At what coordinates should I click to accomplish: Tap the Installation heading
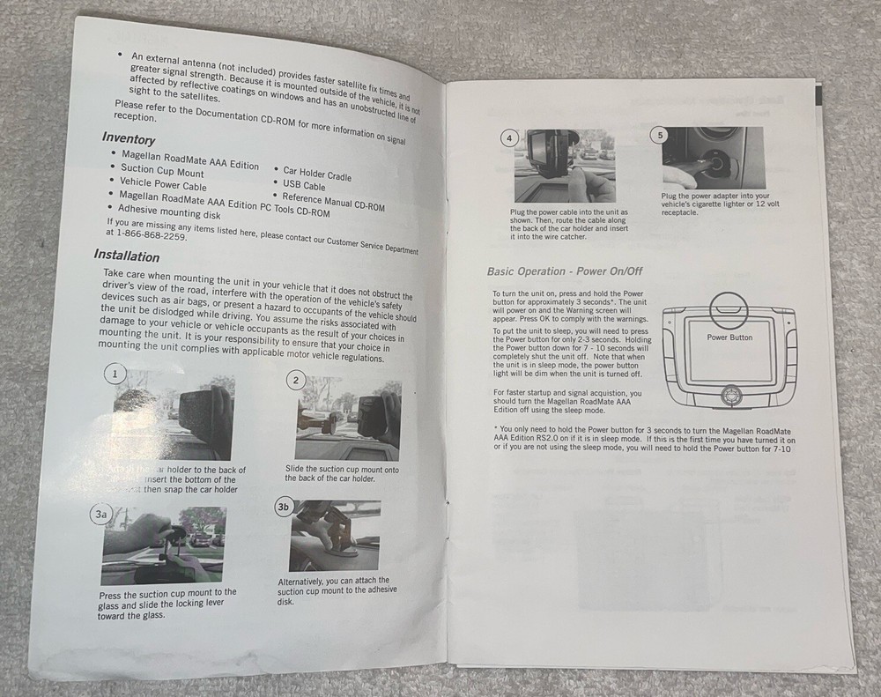click(x=127, y=256)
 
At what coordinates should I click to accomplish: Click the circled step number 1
click(x=113, y=374)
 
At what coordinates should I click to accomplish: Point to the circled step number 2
click(x=296, y=380)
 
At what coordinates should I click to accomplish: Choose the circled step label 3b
click(x=284, y=507)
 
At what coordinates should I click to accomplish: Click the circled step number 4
click(x=509, y=137)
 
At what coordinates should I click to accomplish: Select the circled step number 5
click(x=659, y=135)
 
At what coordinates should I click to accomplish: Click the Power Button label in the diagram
click(x=729, y=337)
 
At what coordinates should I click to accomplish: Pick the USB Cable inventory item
click(x=304, y=185)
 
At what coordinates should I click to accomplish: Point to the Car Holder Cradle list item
click(x=317, y=174)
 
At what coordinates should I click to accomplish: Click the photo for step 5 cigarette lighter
click(x=713, y=159)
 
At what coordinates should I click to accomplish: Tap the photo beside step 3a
click(x=163, y=546)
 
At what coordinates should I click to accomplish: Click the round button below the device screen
click(x=729, y=396)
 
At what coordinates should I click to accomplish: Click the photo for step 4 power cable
click(x=564, y=166)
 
